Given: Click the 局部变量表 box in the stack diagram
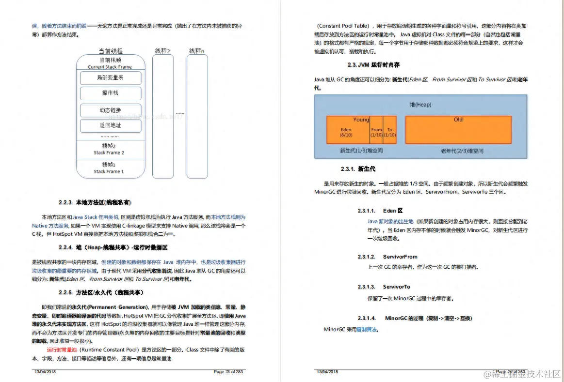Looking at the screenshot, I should (111, 78).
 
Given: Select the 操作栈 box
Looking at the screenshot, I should (111, 93).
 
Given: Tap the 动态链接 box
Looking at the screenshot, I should (111, 110).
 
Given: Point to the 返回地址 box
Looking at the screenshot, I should (111, 125).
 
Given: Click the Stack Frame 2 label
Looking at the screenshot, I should (109, 153).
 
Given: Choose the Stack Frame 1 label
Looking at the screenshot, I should (109, 171).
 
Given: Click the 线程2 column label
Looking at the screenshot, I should (162, 51).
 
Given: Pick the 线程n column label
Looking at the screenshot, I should (196, 51).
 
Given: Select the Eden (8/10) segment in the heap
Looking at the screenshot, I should (346, 132).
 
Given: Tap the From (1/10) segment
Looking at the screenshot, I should (377, 132).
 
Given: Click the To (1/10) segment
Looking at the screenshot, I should (390, 132).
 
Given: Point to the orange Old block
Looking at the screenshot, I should (458, 130).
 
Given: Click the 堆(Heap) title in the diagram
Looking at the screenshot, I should (420, 105).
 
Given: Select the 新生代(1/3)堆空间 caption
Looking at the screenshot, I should (361, 151).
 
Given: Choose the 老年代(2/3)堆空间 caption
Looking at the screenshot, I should (462, 151).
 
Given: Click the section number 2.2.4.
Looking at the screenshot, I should (65, 247).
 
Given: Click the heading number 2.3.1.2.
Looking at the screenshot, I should (367, 257).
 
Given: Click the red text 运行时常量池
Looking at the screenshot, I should (62, 350).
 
